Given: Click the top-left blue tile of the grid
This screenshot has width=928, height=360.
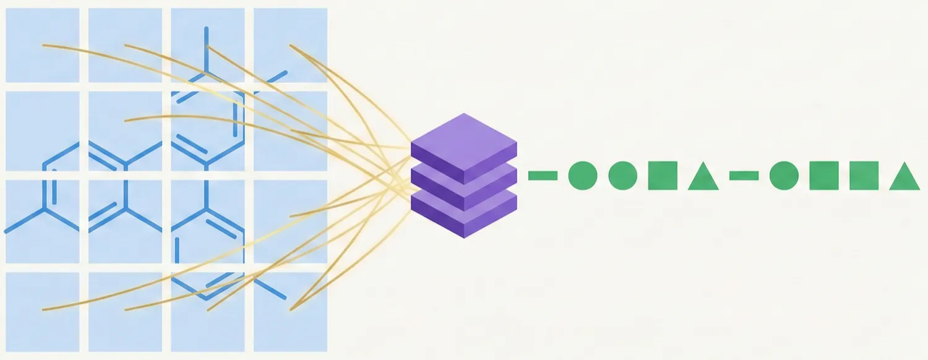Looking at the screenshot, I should pos(43,45).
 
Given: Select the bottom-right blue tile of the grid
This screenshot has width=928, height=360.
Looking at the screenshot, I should pos(290,312).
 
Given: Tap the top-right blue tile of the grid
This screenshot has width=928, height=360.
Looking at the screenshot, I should pos(290,45).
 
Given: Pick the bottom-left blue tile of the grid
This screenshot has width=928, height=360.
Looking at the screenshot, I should pos(43,312).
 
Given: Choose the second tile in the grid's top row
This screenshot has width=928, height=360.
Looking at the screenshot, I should pos(125,45).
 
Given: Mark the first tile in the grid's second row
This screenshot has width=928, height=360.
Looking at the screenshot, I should pos(43,131).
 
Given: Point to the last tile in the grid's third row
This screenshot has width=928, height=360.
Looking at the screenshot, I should pos(290,221).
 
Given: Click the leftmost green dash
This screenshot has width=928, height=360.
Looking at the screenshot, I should pos(543,176).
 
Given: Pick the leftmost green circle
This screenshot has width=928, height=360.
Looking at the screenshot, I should pos(582,176).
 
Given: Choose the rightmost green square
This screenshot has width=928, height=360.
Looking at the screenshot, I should pos(864,176).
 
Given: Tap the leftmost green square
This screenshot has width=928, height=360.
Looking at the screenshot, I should pos(663,176).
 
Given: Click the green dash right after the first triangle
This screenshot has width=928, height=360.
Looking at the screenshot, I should pos(744,176).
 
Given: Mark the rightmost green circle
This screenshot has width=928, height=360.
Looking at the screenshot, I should pos(784,176).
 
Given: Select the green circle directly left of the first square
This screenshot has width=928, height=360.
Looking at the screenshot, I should pos(622,176).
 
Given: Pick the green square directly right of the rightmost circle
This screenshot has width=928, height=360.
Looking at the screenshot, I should pos(824,176).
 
